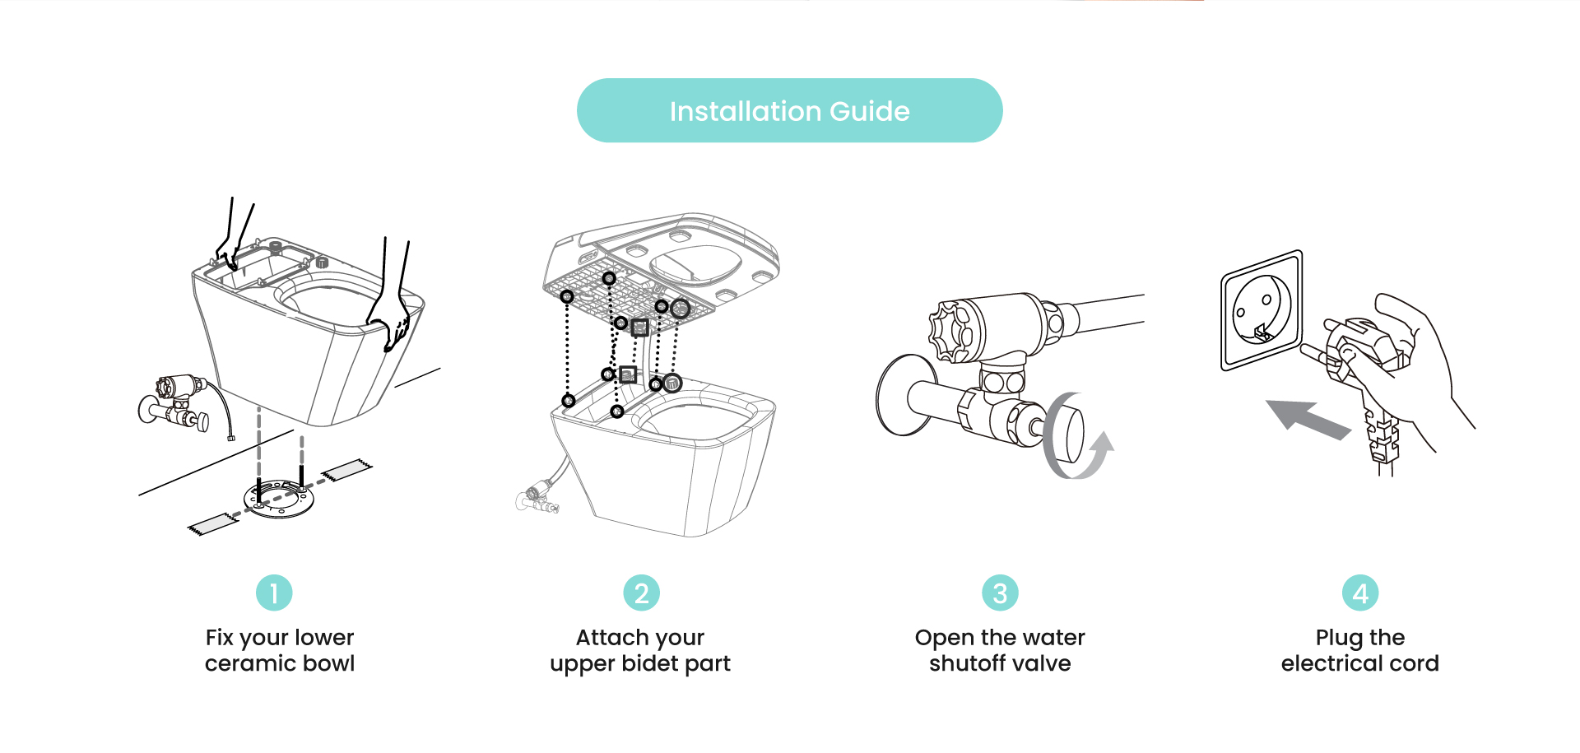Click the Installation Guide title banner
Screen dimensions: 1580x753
click(789, 110)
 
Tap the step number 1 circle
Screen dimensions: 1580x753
click(274, 593)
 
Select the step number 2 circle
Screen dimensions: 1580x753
click(641, 593)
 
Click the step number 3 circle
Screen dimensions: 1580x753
click(1000, 593)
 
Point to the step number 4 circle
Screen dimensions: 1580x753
click(1360, 593)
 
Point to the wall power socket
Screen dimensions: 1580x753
click(1262, 310)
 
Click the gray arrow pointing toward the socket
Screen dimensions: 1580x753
click(1308, 418)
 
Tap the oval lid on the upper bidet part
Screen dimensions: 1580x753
click(695, 265)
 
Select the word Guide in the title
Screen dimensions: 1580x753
click(870, 111)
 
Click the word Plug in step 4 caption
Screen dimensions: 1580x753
click(1339, 638)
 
